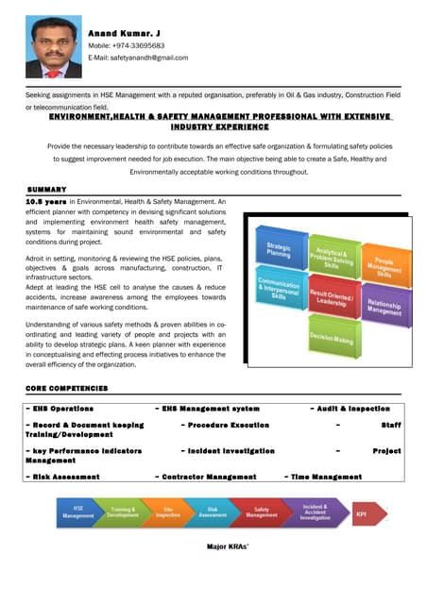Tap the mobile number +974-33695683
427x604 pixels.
click(127, 45)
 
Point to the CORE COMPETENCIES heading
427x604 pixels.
click(67, 388)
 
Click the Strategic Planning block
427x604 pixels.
click(279, 250)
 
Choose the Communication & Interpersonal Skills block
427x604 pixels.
click(280, 289)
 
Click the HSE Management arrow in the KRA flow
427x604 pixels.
click(78, 512)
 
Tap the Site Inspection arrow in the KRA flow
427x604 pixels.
click(168, 512)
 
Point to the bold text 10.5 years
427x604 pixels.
click(46, 201)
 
